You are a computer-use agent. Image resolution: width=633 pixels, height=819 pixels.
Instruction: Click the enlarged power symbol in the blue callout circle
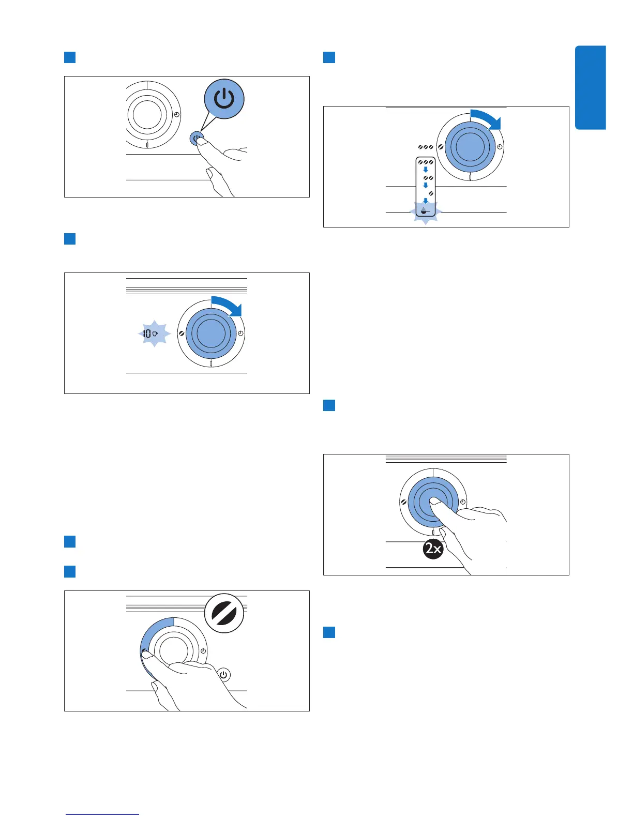point(224,99)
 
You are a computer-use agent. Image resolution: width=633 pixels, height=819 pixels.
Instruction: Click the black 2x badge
point(433,549)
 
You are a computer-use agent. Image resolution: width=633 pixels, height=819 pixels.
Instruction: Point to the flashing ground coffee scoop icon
point(425,211)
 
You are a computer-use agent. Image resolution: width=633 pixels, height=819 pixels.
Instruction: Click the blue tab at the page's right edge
point(590,87)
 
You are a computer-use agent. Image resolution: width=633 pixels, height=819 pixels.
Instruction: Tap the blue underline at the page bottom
point(102,815)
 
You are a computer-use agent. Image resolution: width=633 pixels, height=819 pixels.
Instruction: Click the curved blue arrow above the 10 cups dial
point(228,305)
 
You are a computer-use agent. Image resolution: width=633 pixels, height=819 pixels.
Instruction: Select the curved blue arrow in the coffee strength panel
point(487,118)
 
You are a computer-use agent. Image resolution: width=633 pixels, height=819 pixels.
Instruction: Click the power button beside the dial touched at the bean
point(223,675)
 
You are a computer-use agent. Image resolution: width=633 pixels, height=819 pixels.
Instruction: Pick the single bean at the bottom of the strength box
point(431,193)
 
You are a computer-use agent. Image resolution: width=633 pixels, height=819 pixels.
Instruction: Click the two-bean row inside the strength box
point(428,178)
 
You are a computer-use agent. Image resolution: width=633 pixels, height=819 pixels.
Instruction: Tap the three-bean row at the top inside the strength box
point(426,162)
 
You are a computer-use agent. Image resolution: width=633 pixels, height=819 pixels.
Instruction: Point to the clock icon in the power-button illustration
point(177,114)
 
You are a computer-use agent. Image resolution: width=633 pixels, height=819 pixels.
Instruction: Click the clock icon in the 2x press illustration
point(463,502)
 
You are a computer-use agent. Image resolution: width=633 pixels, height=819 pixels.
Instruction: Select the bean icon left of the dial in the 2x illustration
point(403,502)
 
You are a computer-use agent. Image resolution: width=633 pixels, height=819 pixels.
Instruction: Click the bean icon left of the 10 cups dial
point(182,334)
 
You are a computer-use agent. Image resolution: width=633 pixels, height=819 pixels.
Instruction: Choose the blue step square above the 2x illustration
point(329,405)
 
